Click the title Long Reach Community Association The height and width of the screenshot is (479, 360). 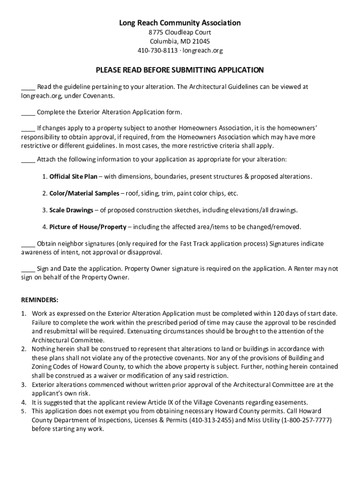(x=180, y=22)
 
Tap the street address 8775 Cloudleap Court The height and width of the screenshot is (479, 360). (x=180, y=32)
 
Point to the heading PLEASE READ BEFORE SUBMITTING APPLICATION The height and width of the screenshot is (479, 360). (x=180, y=70)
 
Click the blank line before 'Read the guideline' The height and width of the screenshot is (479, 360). (x=28, y=88)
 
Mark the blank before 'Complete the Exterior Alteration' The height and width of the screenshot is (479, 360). (x=28, y=113)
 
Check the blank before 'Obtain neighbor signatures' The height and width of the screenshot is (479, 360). (x=28, y=245)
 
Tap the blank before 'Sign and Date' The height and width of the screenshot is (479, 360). (x=28, y=269)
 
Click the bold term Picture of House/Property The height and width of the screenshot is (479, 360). (x=88, y=227)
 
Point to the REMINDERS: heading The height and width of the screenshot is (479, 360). (x=40, y=299)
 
